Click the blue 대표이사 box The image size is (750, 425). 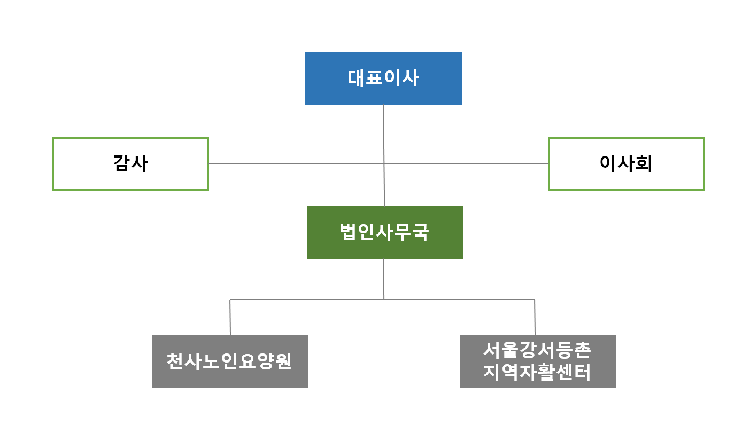tap(383, 78)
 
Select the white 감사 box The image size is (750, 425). tap(130, 164)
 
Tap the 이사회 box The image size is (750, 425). tap(626, 164)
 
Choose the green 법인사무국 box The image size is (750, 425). tap(385, 233)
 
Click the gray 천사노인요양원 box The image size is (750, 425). tap(230, 362)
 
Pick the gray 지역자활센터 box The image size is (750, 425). tap(538, 362)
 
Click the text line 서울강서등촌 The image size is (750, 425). tap(537, 350)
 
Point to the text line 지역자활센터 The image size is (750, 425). tap(537, 372)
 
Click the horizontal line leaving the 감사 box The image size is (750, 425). tap(296, 164)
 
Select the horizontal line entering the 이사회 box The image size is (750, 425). tap(466, 164)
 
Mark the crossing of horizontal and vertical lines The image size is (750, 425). tap(384, 164)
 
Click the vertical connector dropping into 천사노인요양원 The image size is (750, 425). tap(230, 317)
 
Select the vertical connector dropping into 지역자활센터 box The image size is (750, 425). tap(535, 317)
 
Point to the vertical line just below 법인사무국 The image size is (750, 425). tap(384, 279)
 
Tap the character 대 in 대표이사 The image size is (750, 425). tap(355, 78)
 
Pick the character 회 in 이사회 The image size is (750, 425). tap(644, 163)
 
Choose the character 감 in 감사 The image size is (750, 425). tap(121, 163)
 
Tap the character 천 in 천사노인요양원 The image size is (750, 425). tap(174, 361)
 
